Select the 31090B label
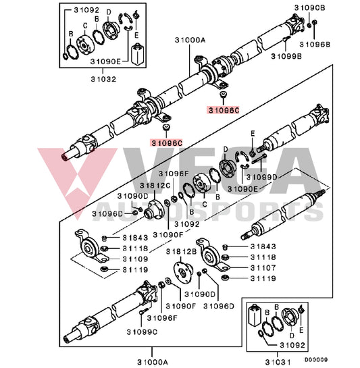click(309, 7)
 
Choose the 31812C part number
click(154, 185)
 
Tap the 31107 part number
click(263, 267)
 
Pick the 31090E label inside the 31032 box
click(105, 61)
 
